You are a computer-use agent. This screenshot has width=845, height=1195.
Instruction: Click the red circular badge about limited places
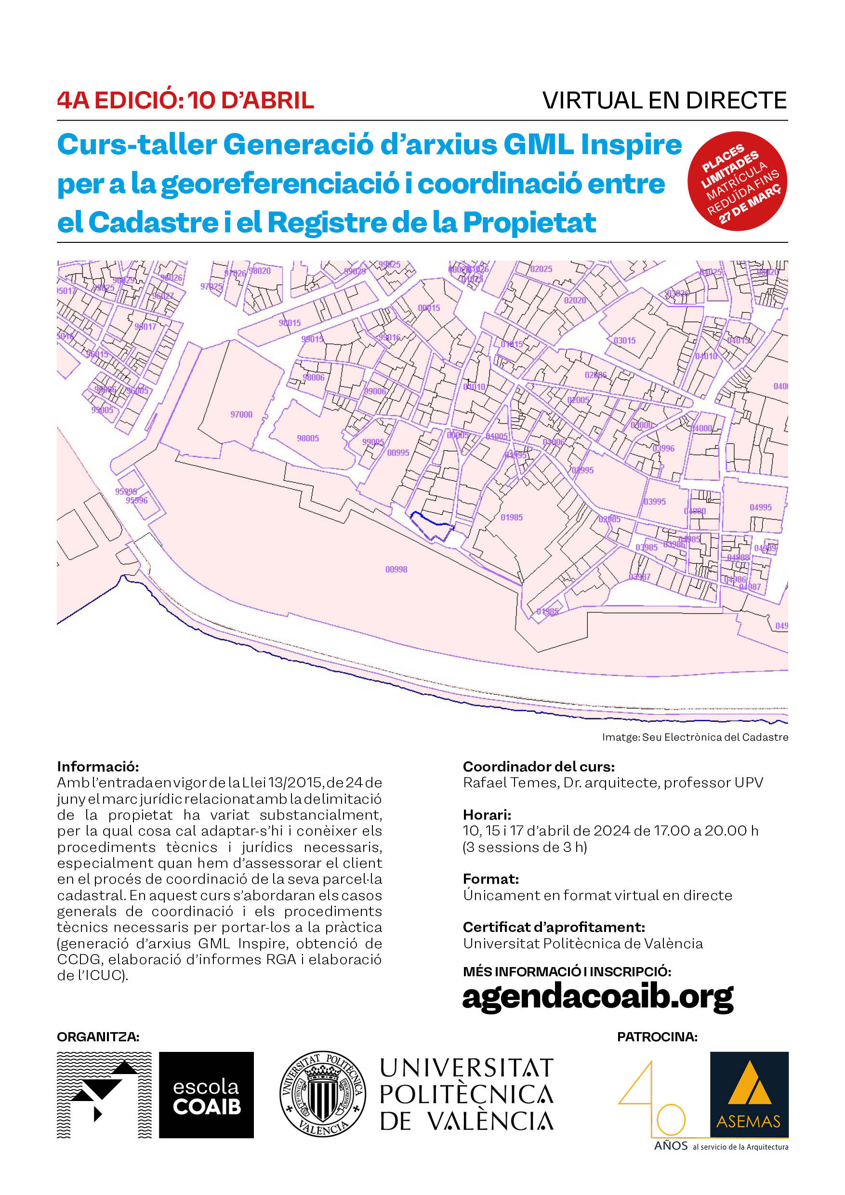(x=737, y=181)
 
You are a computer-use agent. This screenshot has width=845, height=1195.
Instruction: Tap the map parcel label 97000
(x=241, y=414)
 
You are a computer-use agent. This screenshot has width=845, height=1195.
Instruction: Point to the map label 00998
(x=396, y=570)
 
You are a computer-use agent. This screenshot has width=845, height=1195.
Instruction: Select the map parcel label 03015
(x=624, y=340)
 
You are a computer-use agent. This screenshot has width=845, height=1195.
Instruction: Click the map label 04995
(x=760, y=507)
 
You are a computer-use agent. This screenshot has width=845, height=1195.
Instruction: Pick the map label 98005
(x=307, y=438)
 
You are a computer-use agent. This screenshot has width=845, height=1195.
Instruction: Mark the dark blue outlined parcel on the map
(x=432, y=526)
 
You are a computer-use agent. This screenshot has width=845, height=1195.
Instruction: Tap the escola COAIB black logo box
(x=206, y=1095)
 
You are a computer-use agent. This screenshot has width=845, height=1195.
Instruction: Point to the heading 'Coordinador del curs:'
(x=539, y=767)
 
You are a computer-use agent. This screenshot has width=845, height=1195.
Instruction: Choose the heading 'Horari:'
(x=487, y=814)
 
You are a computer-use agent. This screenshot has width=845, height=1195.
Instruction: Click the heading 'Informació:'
(x=98, y=767)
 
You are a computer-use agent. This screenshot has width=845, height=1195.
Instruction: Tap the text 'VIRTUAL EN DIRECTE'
(x=664, y=100)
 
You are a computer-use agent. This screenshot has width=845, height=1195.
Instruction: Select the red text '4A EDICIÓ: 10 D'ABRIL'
(x=185, y=100)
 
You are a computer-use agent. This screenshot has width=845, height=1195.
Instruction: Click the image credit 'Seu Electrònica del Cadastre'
(x=715, y=737)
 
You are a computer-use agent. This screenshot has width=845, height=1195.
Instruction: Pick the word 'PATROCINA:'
(x=657, y=1037)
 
